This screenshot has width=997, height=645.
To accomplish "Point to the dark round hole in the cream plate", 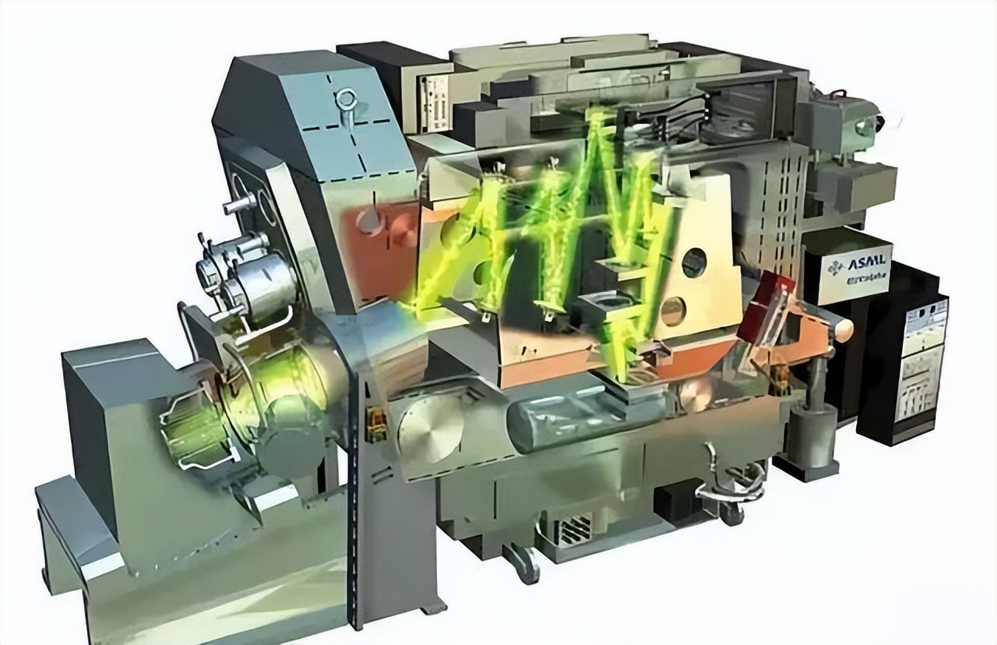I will (694, 263).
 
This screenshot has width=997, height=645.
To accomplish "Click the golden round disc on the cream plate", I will (674, 311).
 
